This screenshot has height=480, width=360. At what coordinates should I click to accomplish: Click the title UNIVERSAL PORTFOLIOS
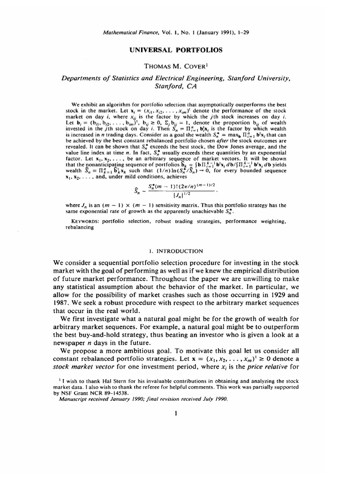coord(180,49)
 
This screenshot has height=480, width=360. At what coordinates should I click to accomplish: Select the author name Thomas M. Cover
coord(180,65)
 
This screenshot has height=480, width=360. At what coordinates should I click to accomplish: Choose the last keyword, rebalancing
coord(80,227)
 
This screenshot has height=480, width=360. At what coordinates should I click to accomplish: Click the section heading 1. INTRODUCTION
coord(180,251)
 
